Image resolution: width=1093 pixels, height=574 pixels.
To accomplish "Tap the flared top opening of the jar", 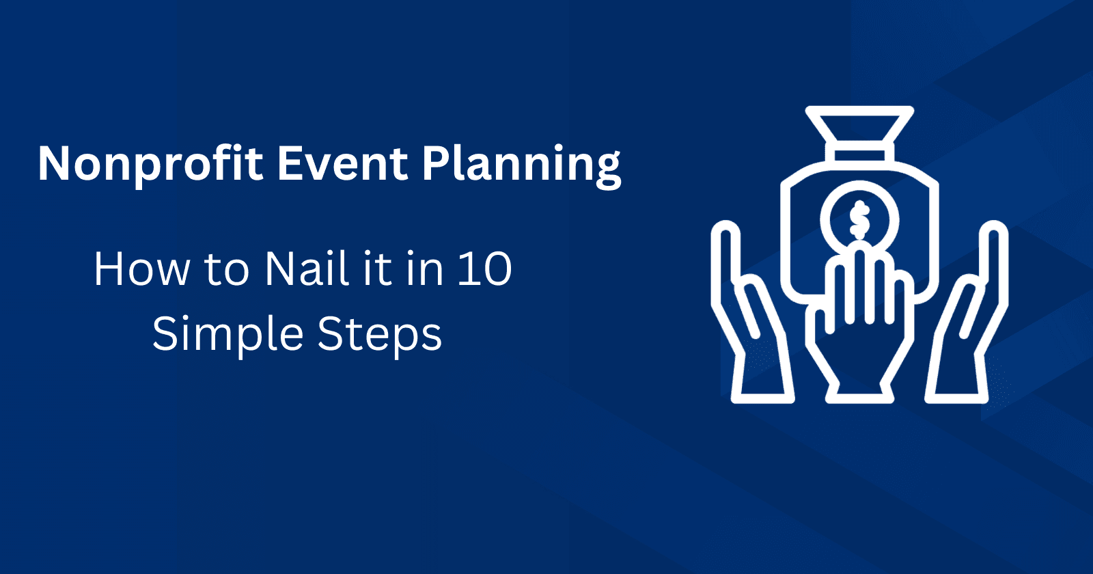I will click(859, 124).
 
